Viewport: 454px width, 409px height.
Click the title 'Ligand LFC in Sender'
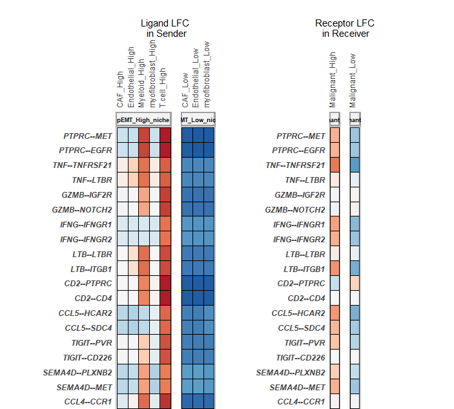tap(165, 28)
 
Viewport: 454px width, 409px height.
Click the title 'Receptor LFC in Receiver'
tap(345, 28)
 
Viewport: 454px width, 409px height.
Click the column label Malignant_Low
tap(353, 80)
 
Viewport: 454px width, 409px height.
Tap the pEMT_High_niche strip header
tap(143, 120)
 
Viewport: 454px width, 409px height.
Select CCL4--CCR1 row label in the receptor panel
tap(301, 402)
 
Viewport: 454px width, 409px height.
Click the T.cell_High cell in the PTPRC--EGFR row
tap(165, 151)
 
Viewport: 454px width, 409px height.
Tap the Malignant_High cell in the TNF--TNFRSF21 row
tap(335, 165)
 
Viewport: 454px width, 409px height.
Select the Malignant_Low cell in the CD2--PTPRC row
tap(355, 284)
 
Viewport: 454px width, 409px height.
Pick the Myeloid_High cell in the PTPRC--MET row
tap(144, 136)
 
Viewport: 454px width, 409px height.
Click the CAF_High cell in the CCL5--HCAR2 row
tap(122, 313)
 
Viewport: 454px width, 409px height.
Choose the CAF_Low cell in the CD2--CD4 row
tap(187, 299)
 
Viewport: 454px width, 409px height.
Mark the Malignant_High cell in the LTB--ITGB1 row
tap(335, 269)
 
